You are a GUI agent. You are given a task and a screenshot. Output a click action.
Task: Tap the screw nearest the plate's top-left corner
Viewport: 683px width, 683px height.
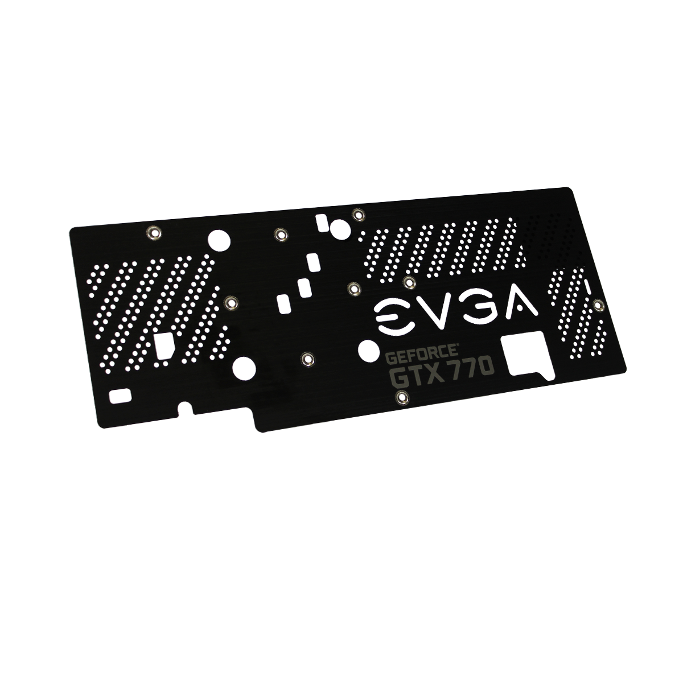[x=154, y=232]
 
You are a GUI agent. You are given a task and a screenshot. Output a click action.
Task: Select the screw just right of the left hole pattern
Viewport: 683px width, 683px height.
[x=231, y=303]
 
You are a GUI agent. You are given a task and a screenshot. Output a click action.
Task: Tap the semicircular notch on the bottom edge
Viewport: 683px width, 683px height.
[x=186, y=406]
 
